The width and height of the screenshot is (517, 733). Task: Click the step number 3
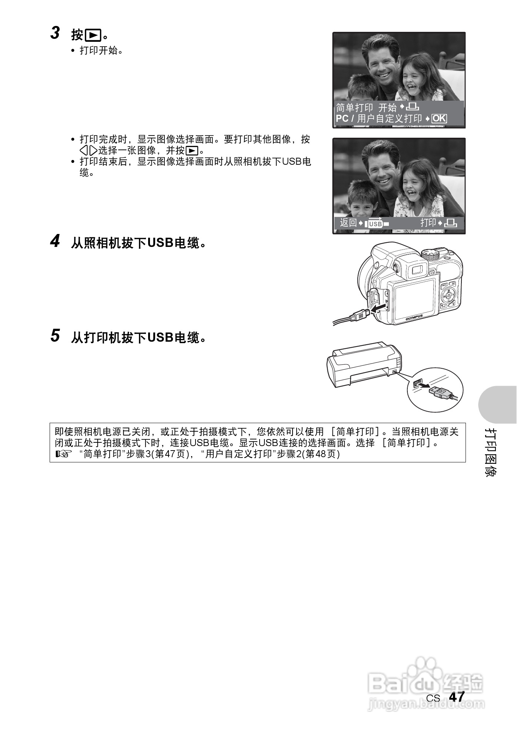click(x=55, y=33)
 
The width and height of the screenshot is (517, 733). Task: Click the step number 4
click(x=55, y=241)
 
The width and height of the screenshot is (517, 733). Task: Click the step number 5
click(x=55, y=336)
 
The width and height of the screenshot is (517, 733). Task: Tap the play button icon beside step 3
click(x=93, y=35)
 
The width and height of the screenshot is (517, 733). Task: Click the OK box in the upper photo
click(x=440, y=118)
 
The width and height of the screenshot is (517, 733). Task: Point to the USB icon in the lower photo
click(x=375, y=224)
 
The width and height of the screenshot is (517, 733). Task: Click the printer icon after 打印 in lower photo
click(x=451, y=223)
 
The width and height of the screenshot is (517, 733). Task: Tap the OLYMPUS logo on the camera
click(x=414, y=317)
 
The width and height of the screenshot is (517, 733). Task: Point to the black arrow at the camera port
click(x=379, y=308)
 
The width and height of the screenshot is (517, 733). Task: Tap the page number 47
click(x=456, y=697)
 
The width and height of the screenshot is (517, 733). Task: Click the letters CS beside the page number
click(x=433, y=698)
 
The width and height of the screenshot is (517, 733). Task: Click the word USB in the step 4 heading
click(x=160, y=243)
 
